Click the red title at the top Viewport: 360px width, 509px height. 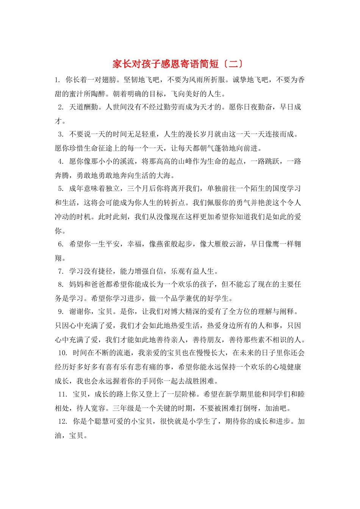pos(178,64)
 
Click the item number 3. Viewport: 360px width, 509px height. pos(61,134)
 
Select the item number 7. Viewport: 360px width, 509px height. pos(61,271)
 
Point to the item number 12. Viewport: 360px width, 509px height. pos(63,422)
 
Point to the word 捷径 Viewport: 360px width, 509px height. pos(105,271)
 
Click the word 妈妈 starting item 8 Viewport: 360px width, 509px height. pos(77,284)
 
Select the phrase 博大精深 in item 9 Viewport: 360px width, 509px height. pos(186,312)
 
